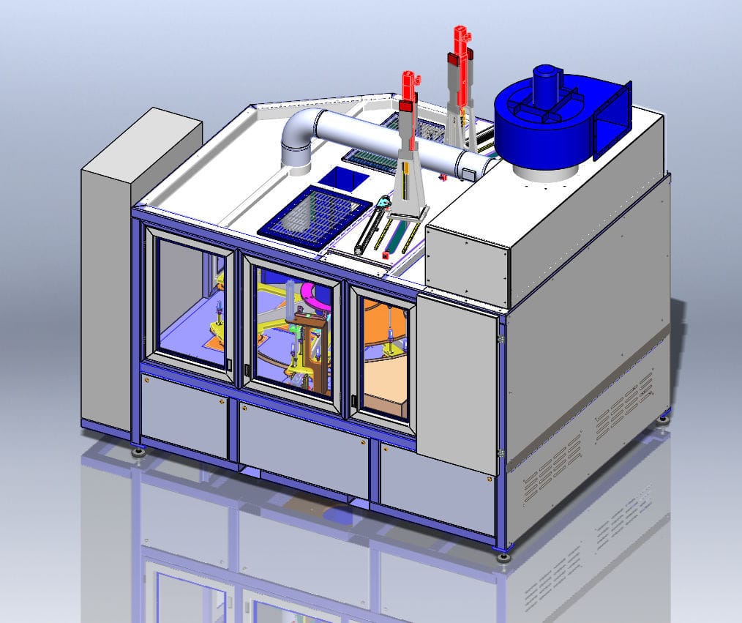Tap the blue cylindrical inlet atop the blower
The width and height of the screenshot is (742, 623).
pos(547,81)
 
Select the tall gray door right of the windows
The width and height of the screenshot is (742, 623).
pos(457,381)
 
